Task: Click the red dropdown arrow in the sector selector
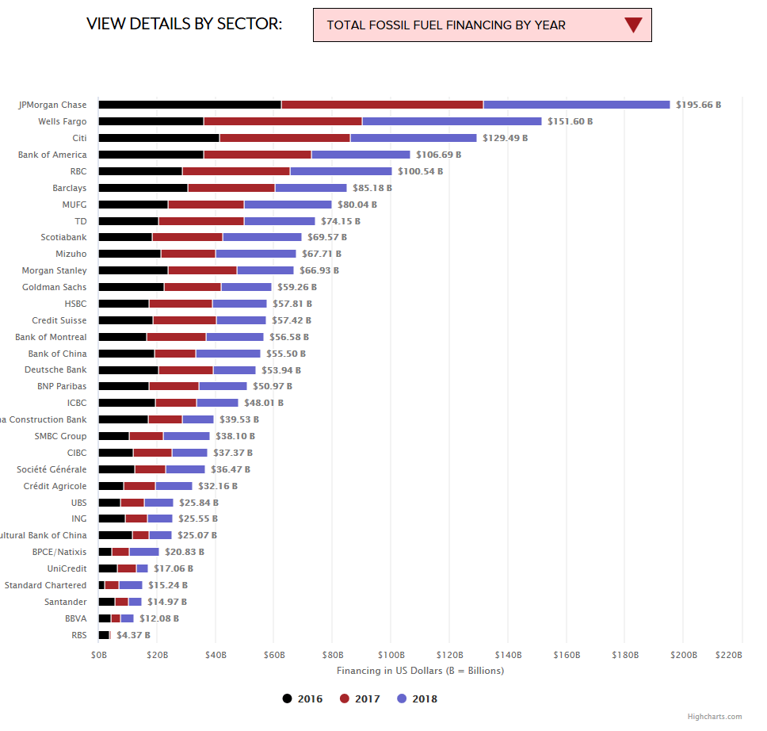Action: pos(632,25)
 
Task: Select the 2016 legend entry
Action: pos(302,698)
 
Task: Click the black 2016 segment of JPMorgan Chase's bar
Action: pos(189,105)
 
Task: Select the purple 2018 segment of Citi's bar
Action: pos(414,138)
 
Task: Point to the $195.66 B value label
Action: pos(698,105)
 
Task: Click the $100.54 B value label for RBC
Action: pos(420,171)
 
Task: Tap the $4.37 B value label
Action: pos(133,635)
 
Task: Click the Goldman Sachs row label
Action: pos(54,287)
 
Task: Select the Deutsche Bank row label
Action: pos(55,370)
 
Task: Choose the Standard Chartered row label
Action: pos(45,585)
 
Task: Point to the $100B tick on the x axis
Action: pos(391,655)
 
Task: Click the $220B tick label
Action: pos(729,655)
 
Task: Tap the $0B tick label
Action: pos(99,655)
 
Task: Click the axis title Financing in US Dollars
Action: pos(420,671)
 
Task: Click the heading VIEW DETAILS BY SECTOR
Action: pos(184,24)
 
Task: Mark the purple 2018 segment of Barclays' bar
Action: pos(311,188)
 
